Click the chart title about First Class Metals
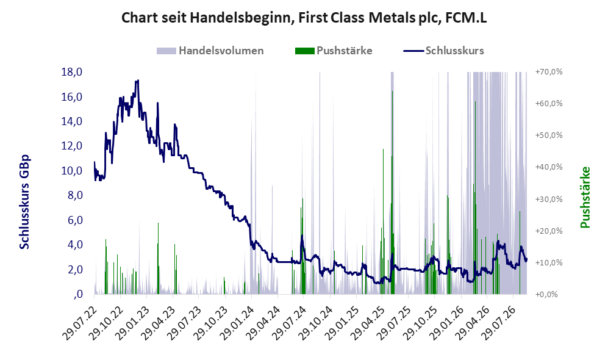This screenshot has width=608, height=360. click(304, 18)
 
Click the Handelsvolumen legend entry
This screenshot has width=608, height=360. click(210, 51)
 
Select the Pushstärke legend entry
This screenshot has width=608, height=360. click(334, 51)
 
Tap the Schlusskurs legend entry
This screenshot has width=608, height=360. click(443, 51)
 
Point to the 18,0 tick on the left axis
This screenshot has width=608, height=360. click(72, 72)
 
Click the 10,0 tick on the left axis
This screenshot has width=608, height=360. click(72, 171)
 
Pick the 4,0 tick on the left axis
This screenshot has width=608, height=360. click(75, 245)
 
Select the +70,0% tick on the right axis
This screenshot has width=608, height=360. click(549, 72)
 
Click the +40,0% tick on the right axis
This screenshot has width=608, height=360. click(549, 167)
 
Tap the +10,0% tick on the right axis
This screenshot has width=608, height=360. click(549, 262)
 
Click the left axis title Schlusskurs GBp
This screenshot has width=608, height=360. click(24, 202)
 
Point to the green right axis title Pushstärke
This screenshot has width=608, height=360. click(585, 198)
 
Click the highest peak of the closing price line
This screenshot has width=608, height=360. click(138, 81)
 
